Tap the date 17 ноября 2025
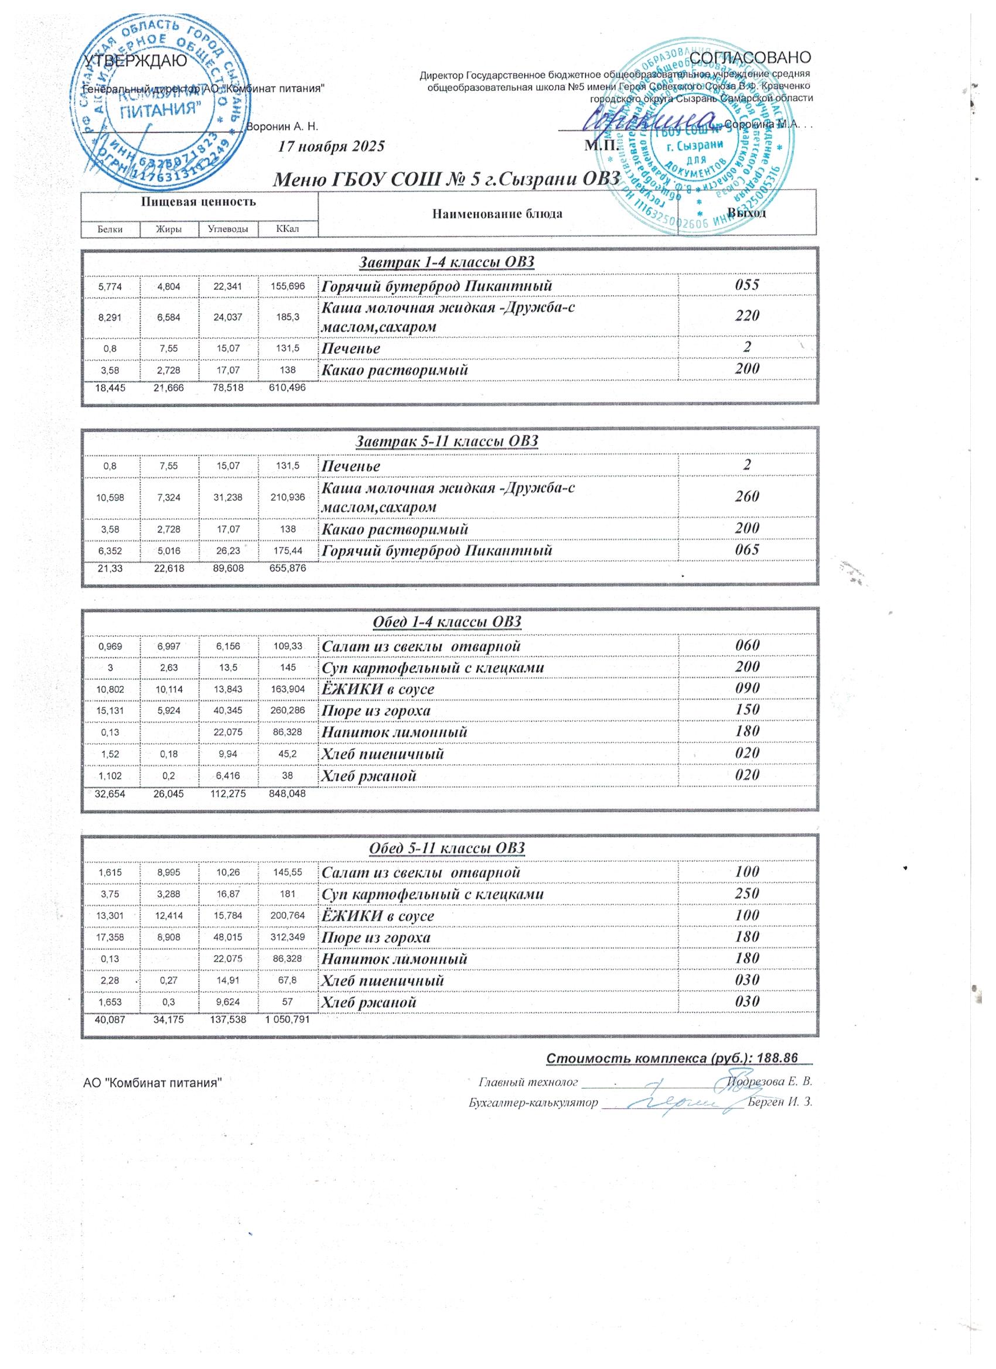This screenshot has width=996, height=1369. [x=331, y=146]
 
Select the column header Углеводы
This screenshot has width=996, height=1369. [x=228, y=229]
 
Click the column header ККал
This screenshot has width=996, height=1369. [x=288, y=229]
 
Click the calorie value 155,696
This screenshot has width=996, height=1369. [x=288, y=286]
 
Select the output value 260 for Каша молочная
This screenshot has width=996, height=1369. [x=746, y=496]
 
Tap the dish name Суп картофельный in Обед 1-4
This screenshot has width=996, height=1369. [x=432, y=668]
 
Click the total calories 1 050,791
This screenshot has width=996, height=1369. [x=288, y=1021]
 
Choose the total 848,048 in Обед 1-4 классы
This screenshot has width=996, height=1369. [x=288, y=795]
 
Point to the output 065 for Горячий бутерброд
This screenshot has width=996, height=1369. [x=746, y=550]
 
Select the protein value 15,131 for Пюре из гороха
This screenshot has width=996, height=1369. [x=110, y=710]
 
